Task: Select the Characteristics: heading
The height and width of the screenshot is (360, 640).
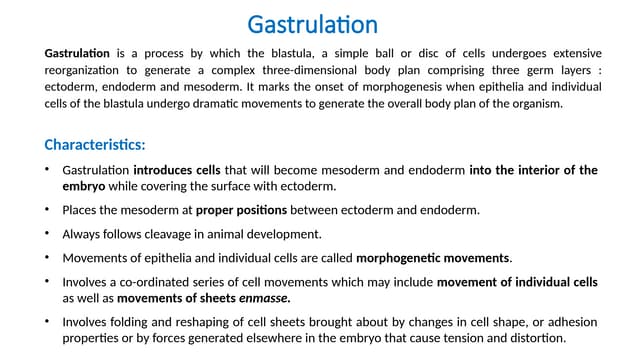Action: tap(95, 143)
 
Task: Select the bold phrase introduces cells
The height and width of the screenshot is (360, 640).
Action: tap(176, 170)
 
